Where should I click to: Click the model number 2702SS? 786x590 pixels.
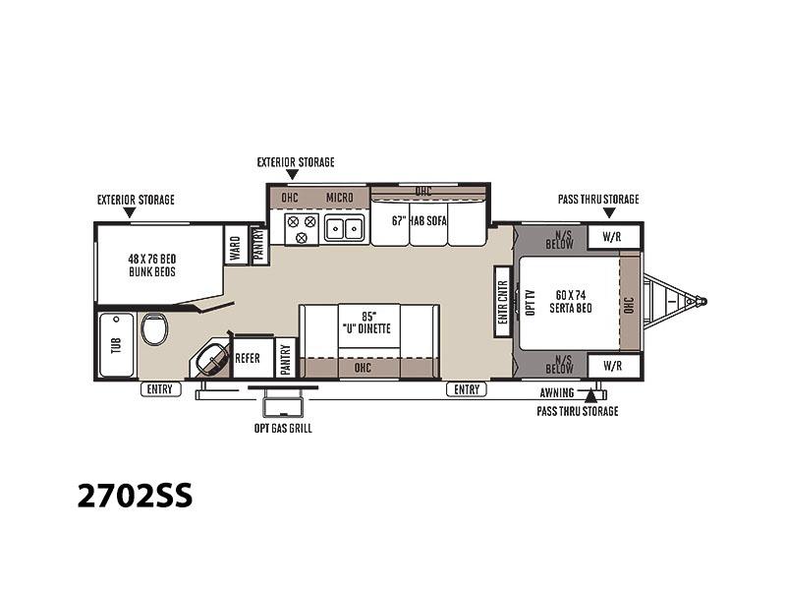pos(135,496)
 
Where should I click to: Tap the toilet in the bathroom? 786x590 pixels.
pos(154,329)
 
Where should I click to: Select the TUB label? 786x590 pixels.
pos(116,345)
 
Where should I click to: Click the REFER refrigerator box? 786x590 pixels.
pos(253,358)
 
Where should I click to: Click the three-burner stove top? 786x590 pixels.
pos(302,229)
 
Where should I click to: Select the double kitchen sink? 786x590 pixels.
pos(344,229)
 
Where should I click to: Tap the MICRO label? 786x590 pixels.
pos(340,198)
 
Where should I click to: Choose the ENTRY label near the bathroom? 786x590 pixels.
pos(160,389)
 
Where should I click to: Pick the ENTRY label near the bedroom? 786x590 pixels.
pos(467,389)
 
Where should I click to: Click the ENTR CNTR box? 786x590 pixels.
pos(502,302)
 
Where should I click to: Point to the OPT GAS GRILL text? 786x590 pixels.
pos(283,429)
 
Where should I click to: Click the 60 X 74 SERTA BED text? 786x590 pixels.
pos(571,302)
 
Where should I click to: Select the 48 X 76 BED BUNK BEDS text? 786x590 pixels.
pos(152,265)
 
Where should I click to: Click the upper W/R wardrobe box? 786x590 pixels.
pos(613,237)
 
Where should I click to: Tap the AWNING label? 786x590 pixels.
pos(557,392)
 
